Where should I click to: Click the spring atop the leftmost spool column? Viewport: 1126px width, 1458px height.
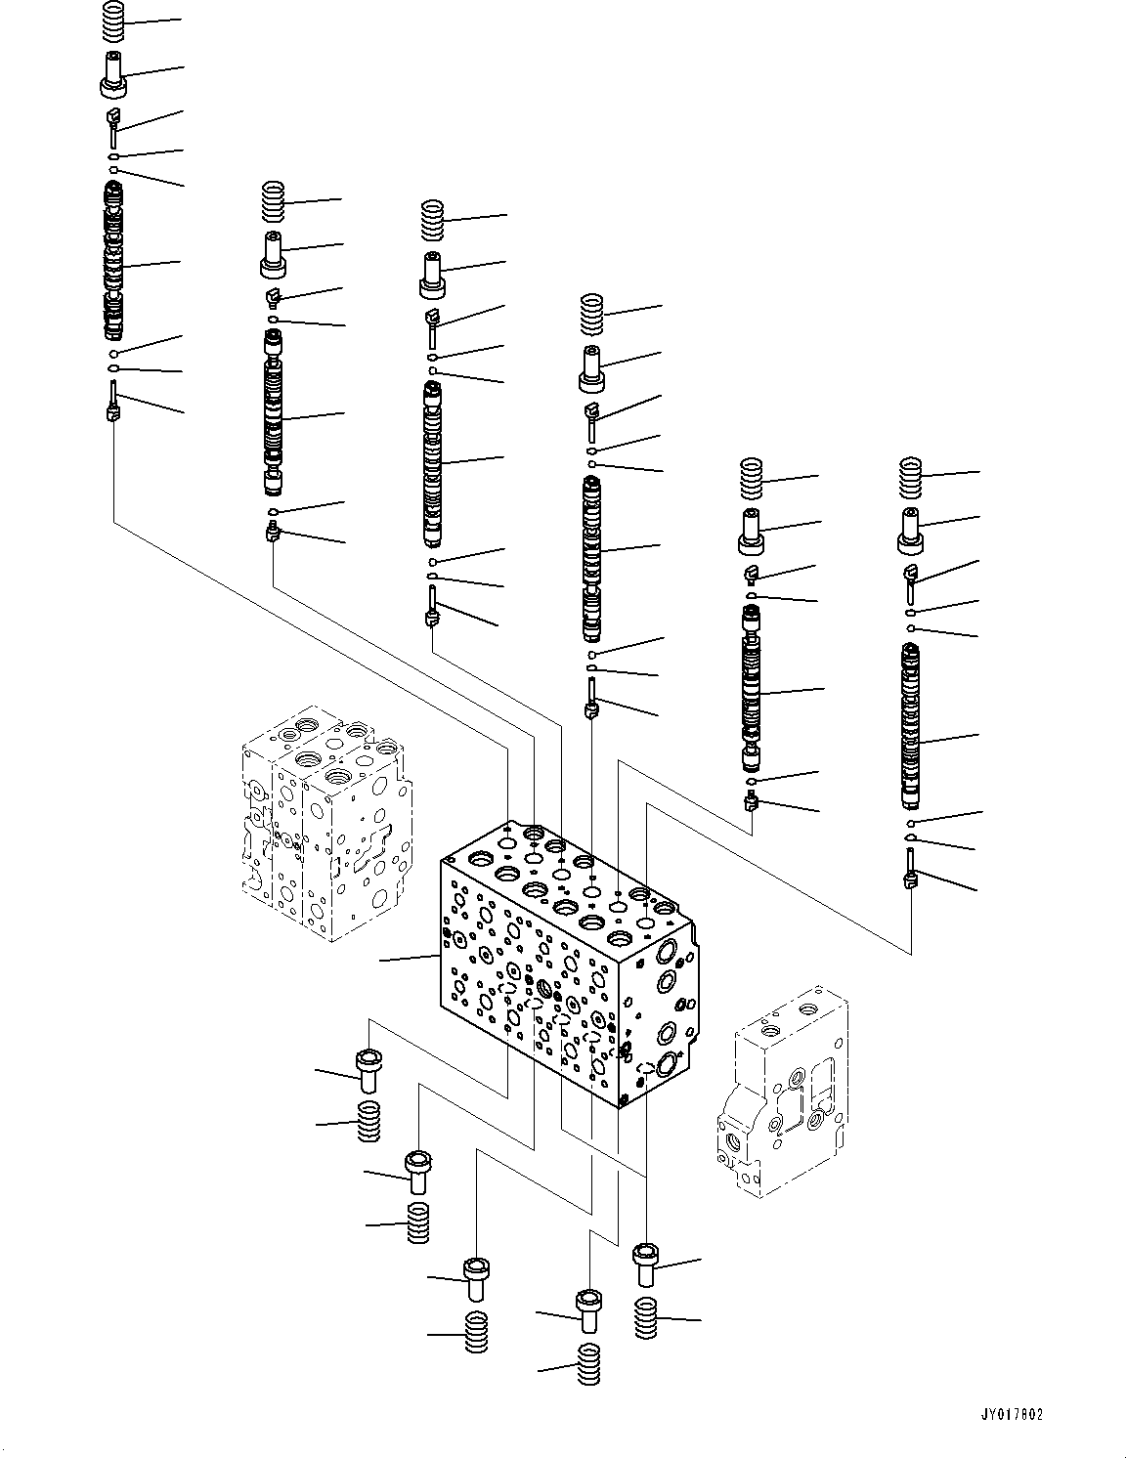pos(115,20)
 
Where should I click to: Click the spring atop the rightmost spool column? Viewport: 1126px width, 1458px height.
pos(911,475)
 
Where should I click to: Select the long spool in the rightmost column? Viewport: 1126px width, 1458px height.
pos(911,728)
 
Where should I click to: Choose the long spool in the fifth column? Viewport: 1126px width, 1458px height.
pos(752,689)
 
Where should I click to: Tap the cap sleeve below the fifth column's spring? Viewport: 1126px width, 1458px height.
pos(752,529)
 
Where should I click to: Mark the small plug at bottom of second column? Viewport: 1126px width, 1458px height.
pos(274,534)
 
